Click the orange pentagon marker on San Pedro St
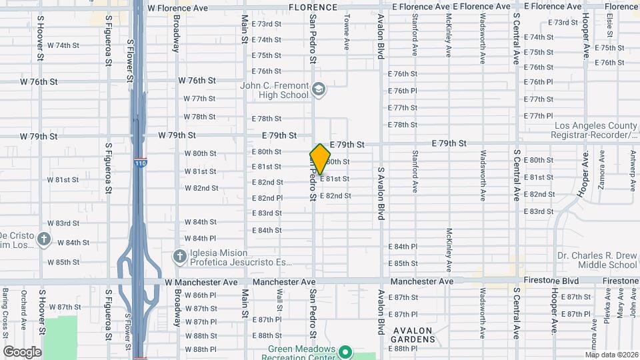point(320,159)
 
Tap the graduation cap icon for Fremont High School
point(319,89)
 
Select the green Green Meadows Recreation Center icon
point(345,351)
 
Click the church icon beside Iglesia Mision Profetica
point(179,256)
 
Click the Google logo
point(22,351)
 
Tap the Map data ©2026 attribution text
point(611,355)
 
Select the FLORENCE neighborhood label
point(313,7)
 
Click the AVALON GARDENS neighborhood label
point(413,335)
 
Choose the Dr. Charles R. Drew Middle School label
point(597,260)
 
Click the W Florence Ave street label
point(178,9)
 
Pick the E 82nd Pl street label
point(267,198)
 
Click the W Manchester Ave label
point(201,283)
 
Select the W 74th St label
point(63,45)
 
